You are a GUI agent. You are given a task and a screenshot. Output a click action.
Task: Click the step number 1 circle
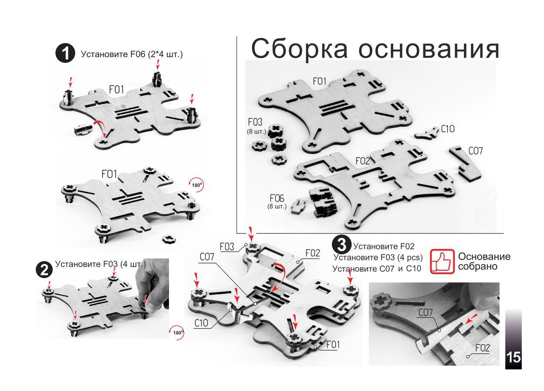[66, 54]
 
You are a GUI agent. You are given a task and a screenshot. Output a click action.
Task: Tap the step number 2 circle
[44, 269]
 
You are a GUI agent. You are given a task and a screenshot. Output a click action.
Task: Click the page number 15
[513, 357]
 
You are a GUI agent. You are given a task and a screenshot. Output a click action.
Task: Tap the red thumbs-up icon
[442, 262]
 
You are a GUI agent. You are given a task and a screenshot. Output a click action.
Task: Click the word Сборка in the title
[301, 48]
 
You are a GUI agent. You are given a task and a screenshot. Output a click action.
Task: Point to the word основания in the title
[429, 48]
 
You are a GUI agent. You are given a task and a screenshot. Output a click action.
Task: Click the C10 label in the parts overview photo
[448, 129]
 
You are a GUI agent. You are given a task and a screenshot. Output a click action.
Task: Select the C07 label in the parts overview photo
[476, 151]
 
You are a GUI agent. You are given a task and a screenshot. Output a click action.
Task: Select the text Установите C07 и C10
[377, 269]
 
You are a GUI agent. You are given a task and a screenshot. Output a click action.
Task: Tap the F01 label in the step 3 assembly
[333, 345]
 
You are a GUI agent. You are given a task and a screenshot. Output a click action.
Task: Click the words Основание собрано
[483, 261]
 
